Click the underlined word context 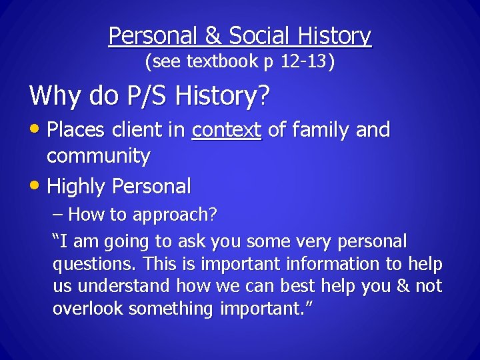(226, 130)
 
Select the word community (98, 157)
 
